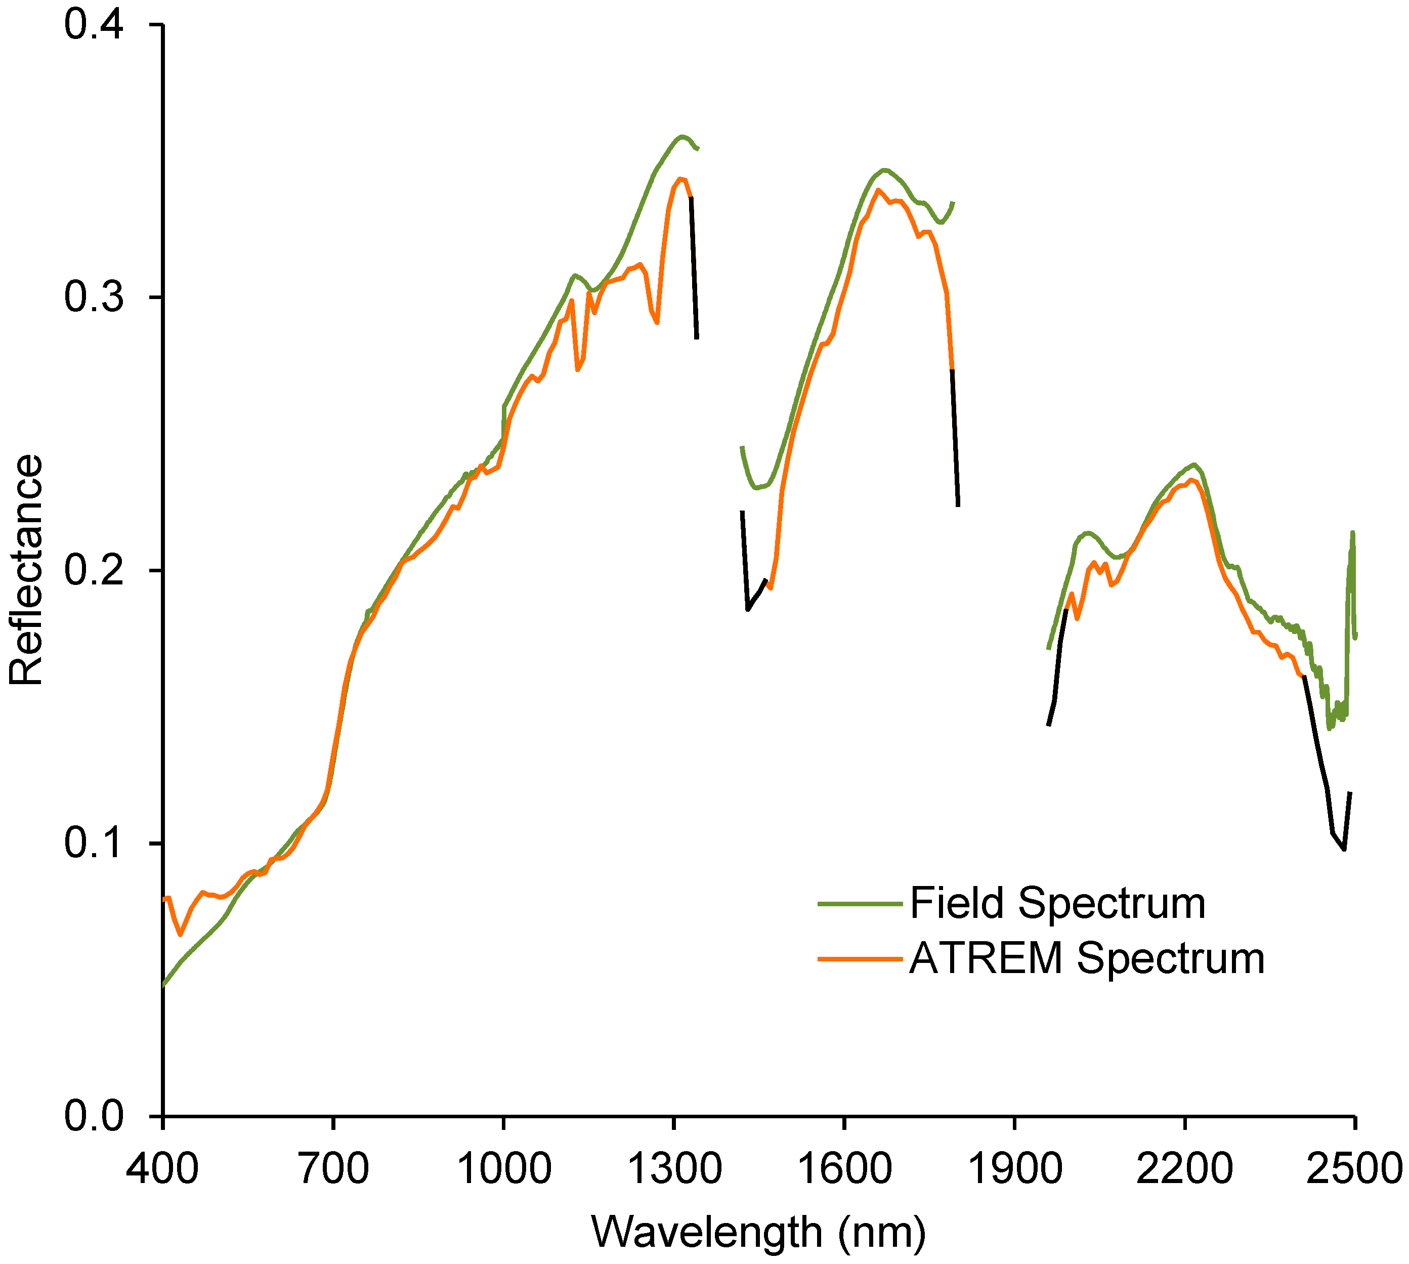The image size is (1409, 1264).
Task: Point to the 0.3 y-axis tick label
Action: (x=94, y=297)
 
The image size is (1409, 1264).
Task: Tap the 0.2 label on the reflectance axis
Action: (x=94, y=570)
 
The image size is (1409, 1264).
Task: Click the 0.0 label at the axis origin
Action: (x=94, y=1116)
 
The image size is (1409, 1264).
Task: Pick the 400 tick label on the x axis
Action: (x=162, y=1168)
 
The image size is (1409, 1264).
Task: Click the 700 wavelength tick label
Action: (x=333, y=1168)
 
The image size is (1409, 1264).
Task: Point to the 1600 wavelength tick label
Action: (x=844, y=1168)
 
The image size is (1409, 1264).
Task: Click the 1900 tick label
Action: (x=1014, y=1168)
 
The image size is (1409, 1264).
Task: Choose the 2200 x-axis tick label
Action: (x=1185, y=1168)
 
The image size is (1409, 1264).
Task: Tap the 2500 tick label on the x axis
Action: (x=1354, y=1168)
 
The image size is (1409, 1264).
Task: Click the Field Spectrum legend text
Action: (x=1057, y=904)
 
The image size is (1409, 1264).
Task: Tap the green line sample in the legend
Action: (x=860, y=904)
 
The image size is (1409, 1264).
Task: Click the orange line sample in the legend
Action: (x=860, y=958)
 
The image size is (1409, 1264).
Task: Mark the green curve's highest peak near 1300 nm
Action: (x=682, y=137)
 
